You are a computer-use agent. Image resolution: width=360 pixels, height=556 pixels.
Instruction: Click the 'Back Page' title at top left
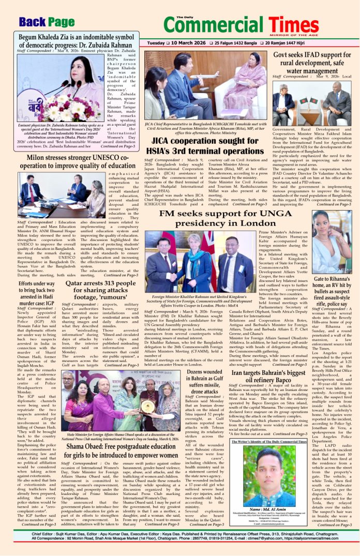(x=47, y=22)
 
